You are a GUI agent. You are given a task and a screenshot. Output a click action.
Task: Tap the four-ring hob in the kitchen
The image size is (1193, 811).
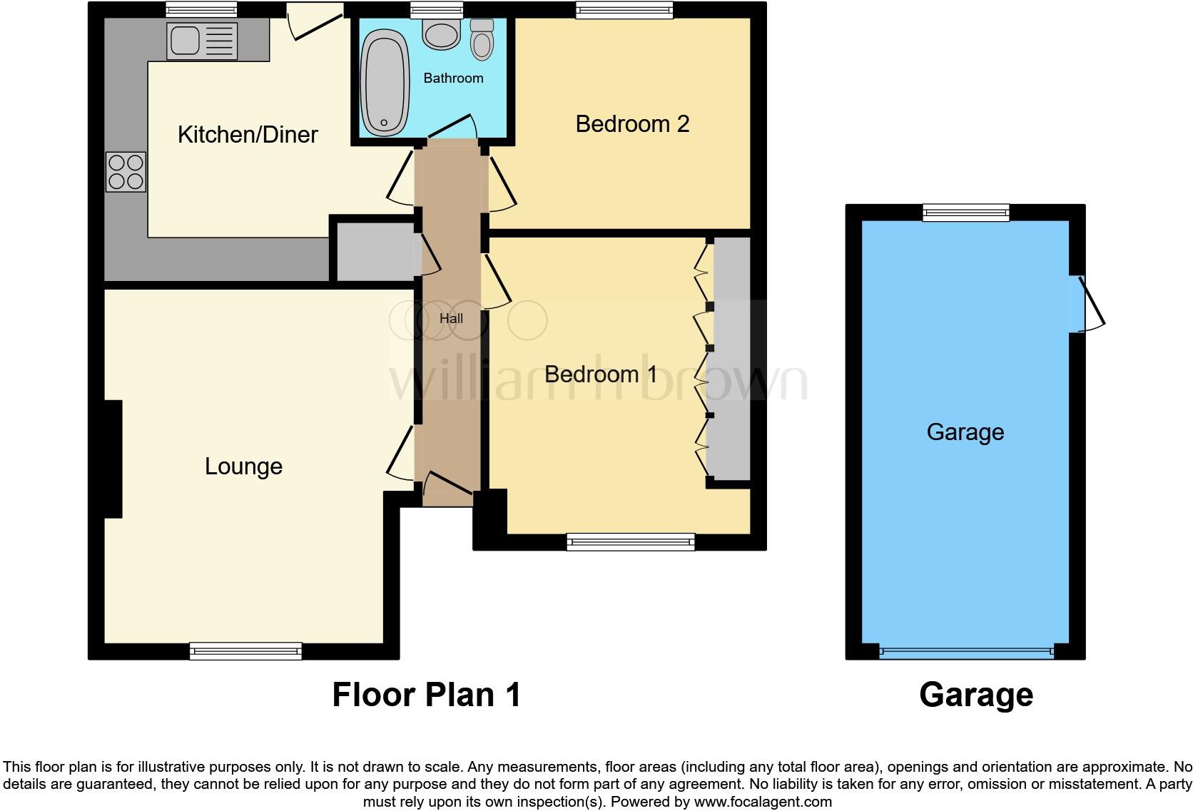(126, 172)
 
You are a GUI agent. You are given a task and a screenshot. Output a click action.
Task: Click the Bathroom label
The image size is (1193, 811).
(453, 78)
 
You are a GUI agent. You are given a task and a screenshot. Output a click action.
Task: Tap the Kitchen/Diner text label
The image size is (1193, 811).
(248, 134)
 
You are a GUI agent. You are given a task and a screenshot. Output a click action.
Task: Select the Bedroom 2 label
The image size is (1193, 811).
(632, 124)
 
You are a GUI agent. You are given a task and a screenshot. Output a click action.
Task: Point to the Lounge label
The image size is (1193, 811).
(243, 466)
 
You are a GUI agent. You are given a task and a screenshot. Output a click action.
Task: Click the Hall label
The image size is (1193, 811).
(451, 319)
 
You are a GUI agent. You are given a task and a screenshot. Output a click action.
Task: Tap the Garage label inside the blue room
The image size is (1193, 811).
(965, 432)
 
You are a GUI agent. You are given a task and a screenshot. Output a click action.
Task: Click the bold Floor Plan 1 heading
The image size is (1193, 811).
(427, 694)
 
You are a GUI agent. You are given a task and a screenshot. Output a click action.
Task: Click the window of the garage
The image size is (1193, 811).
(965, 212)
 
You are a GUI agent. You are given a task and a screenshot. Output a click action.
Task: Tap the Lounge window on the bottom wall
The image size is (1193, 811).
(245, 651)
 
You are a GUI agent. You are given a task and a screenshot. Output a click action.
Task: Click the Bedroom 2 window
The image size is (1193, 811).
(624, 10)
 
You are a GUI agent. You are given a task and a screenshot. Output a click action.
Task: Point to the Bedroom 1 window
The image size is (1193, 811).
(631, 542)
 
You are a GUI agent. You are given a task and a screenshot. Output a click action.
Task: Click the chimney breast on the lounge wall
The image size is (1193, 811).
(113, 458)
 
